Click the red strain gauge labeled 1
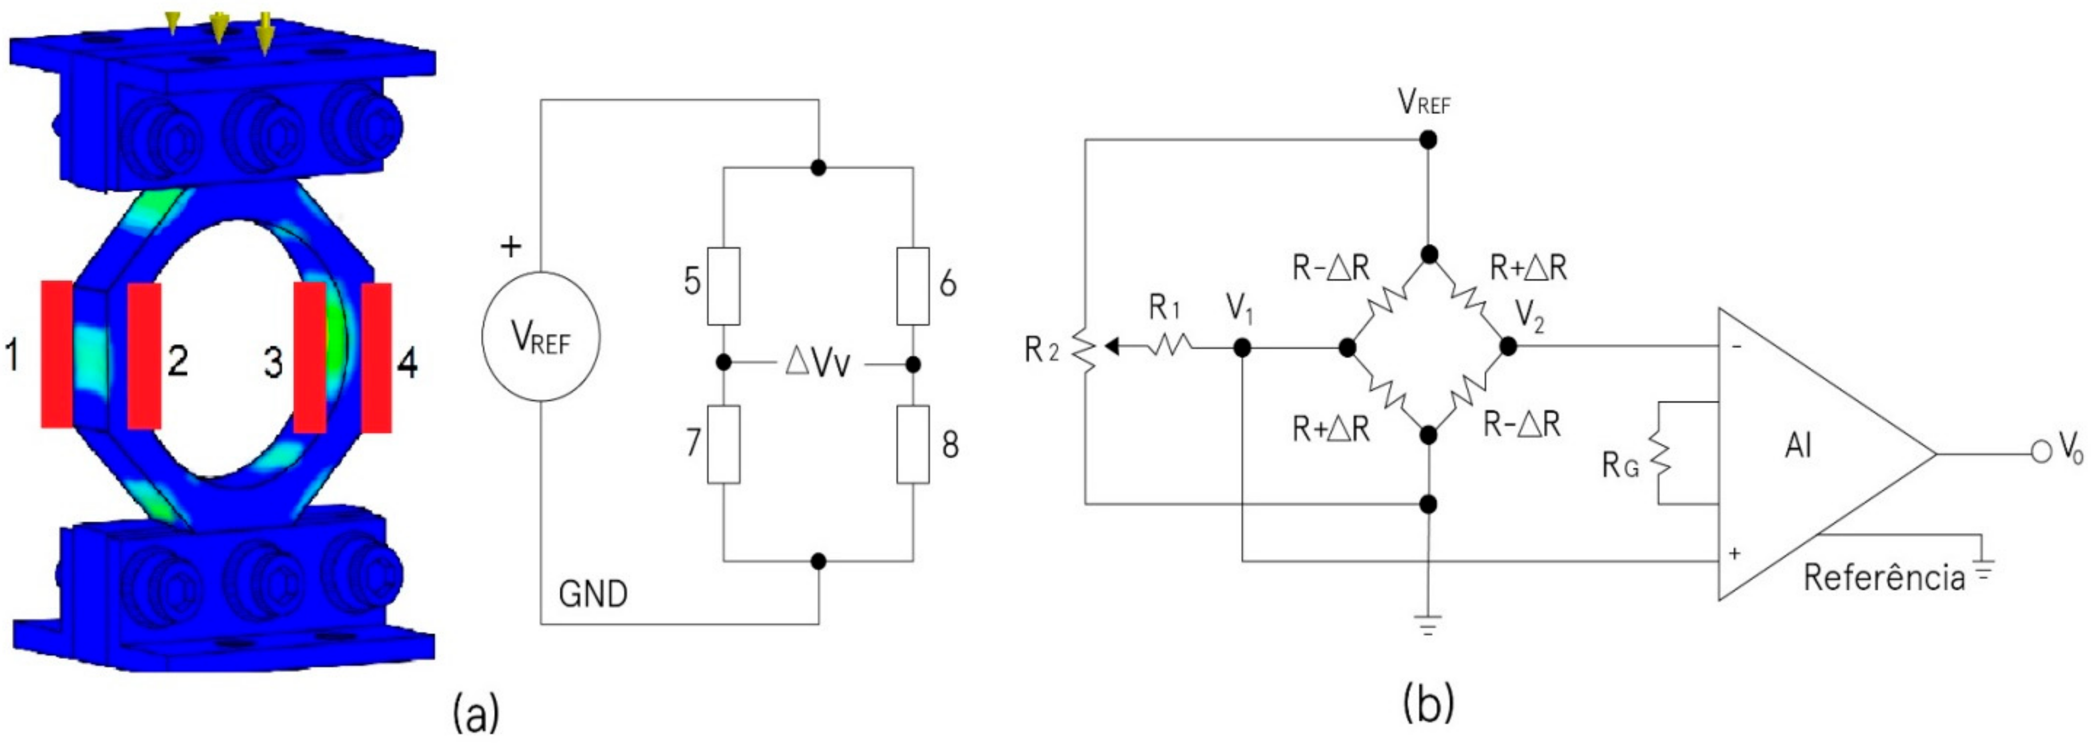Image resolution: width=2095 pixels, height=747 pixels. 57,354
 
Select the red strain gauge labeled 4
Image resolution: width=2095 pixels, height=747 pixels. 376,357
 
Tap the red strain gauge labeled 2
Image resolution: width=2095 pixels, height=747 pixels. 144,355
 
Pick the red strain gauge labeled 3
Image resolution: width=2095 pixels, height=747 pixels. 309,357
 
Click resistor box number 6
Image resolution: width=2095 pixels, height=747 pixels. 912,286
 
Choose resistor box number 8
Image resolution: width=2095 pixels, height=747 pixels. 912,444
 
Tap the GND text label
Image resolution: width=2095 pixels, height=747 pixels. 593,594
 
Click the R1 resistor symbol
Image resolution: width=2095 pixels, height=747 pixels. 1169,346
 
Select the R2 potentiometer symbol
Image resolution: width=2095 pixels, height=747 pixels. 1085,348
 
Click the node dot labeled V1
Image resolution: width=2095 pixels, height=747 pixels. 1242,348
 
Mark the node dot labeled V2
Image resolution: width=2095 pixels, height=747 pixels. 1508,346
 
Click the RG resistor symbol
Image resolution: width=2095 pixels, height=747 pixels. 1660,454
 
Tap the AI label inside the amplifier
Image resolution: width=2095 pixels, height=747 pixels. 1797,446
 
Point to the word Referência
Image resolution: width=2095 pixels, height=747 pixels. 1884,578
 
